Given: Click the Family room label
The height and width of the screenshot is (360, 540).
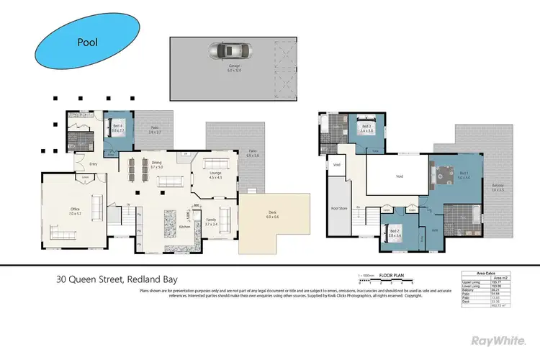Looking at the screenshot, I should pyautogui.click(x=211, y=221).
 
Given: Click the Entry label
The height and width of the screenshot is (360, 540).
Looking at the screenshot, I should pyautogui.click(x=73, y=163).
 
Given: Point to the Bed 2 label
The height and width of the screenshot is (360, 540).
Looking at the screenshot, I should pyautogui.click(x=394, y=233).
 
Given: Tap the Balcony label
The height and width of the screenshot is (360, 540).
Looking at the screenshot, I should pyautogui.click(x=498, y=186).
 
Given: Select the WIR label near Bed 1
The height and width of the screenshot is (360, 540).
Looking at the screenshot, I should pyautogui.click(x=435, y=231).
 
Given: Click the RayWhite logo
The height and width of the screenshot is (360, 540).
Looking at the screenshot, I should pyautogui.click(x=497, y=340).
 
